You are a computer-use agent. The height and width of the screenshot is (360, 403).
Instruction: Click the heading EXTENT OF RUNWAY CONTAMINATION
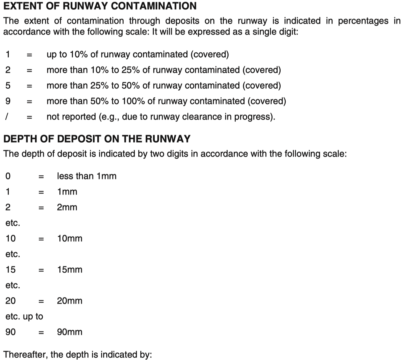[100, 6]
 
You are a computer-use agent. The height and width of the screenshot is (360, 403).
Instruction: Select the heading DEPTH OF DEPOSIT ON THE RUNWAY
[97, 139]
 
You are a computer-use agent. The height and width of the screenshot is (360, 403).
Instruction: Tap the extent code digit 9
[8, 101]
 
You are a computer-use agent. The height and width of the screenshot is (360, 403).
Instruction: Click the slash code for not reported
[7, 117]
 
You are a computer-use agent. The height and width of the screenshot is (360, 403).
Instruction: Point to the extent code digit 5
[8, 86]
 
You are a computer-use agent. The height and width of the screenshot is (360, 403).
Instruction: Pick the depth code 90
[11, 332]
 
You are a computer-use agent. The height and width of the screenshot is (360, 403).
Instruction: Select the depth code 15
[11, 270]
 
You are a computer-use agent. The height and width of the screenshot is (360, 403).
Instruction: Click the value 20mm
[70, 301]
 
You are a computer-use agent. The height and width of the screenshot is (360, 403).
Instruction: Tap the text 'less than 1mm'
[87, 176]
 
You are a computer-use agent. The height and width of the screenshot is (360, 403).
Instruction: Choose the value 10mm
[70, 239]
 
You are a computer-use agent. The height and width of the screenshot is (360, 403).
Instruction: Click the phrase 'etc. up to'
[24, 316]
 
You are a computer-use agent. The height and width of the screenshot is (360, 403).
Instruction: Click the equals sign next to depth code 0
[41, 176]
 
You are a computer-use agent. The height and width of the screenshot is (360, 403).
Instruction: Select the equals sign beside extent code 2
[29, 70]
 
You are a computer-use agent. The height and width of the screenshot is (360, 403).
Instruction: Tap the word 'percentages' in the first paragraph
[363, 21]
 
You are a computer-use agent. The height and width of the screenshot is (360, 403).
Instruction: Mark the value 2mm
[67, 207]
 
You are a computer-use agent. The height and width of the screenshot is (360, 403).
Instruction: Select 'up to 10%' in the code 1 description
[67, 54]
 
